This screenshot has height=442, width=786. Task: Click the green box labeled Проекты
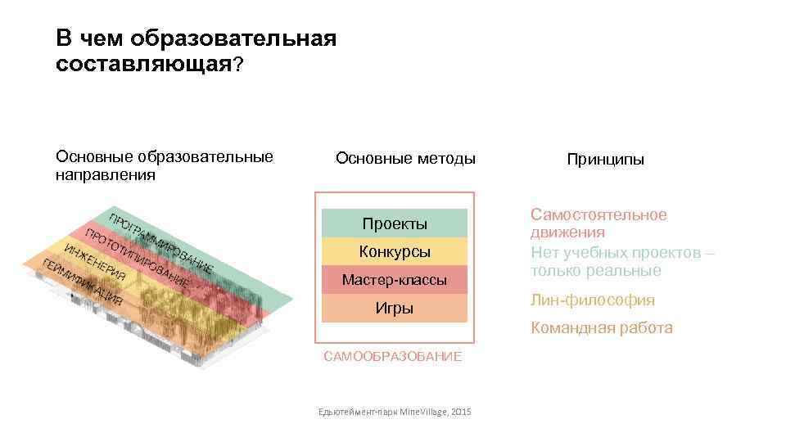(395, 223)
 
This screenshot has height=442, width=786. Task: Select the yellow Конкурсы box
(395, 251)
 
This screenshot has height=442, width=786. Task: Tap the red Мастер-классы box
(395, 280)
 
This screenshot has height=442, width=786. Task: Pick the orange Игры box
(395, 308)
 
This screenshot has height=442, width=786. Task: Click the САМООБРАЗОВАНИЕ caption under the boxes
(393, 356)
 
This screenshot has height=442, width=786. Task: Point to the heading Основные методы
(405, 158)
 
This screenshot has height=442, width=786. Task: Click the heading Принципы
(605, 160)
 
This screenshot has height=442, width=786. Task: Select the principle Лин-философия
(593, 300)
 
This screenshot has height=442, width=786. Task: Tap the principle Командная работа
(602, 328)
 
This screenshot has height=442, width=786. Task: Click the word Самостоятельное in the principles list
(599, 214)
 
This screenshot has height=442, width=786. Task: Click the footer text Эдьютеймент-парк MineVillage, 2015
(395, 411)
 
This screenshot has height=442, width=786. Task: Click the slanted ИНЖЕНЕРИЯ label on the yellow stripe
(95, 261)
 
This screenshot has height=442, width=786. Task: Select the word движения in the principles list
(567, 232)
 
